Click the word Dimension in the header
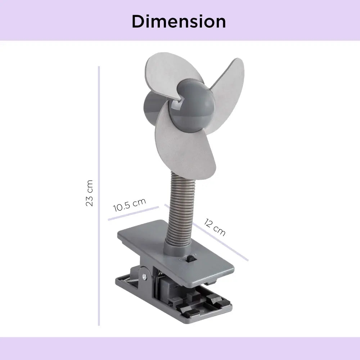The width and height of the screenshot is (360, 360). tap(179, 22)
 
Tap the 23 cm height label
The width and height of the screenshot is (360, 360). tap(90, 193)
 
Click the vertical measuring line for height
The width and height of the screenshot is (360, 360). tap(99, 194)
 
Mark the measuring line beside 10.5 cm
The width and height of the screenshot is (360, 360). tap(133, 213)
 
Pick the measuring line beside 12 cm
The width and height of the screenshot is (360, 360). tap(216, 238)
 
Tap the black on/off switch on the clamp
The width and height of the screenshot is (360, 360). tap(193, 258)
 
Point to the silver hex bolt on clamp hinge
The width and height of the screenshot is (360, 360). tap(144, 276)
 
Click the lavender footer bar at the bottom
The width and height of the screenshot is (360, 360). tap(180, 348)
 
